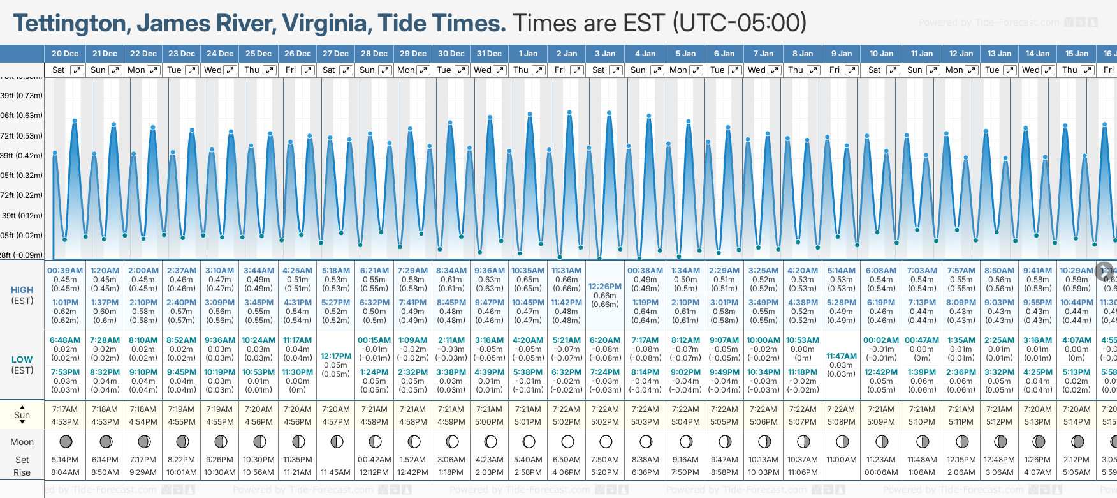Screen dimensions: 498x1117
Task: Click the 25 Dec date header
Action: [x=258, y=54]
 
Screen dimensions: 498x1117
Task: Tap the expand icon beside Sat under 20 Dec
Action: [x=77, y=70]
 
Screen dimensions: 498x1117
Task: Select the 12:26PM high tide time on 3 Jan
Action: [x=605, y=287]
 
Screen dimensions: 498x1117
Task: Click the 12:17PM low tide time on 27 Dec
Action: [x=336, y=356]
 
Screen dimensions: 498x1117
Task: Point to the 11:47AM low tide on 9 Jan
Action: [x=842, y=356]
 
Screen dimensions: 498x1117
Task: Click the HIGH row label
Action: [x=22, y=290]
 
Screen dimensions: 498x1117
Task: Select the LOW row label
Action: [x=22, y=359]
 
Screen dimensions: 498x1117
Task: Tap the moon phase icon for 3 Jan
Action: [x=606, y=441]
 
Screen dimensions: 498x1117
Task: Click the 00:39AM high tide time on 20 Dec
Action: [x=65, y=271]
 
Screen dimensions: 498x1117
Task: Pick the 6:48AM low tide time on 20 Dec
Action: [x=65, y=340]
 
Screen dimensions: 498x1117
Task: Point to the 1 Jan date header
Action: [x=528, y=54]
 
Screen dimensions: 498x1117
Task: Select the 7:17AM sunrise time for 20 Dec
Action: [x=65, y=409]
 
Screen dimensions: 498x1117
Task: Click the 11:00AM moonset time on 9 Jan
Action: [x=842, y=460]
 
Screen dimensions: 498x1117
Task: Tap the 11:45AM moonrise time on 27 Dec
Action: [x=336, y=472]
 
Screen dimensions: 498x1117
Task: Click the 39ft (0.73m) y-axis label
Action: [x=22, y=96]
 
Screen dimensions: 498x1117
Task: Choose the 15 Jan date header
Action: [x=1077, y=54]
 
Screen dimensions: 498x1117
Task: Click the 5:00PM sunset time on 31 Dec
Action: [x=490, y=422]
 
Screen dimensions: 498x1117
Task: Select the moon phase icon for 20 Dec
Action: [x=65, y=441]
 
